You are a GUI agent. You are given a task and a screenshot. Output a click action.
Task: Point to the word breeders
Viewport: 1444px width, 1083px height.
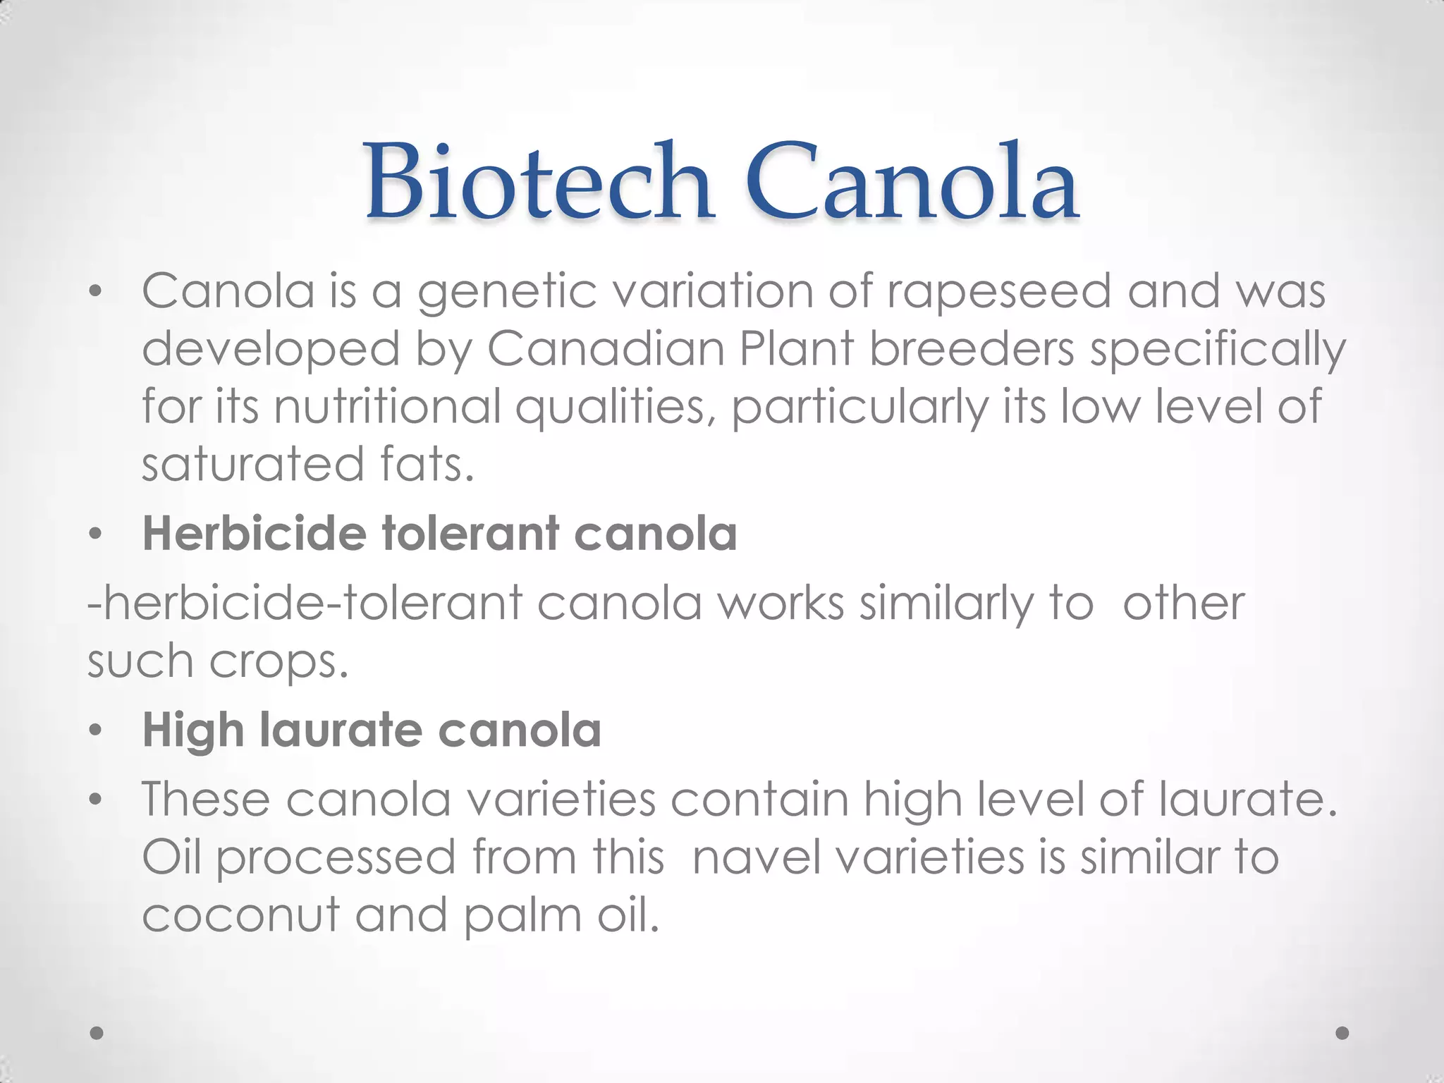(x=972, y=349)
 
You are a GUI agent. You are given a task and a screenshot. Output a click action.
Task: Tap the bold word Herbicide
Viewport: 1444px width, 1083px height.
(x=254, y=534)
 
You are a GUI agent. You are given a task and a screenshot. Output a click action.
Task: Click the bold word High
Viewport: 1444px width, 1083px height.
(x=192, y=730)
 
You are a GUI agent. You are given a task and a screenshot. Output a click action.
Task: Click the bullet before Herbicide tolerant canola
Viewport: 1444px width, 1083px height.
(x=96, y=535)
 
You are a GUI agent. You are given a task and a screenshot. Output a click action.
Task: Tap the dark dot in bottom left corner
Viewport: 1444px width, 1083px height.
(x=97, y=1033)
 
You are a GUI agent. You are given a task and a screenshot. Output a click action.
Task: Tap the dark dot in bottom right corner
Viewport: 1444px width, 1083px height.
(x=1342, y=1033)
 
